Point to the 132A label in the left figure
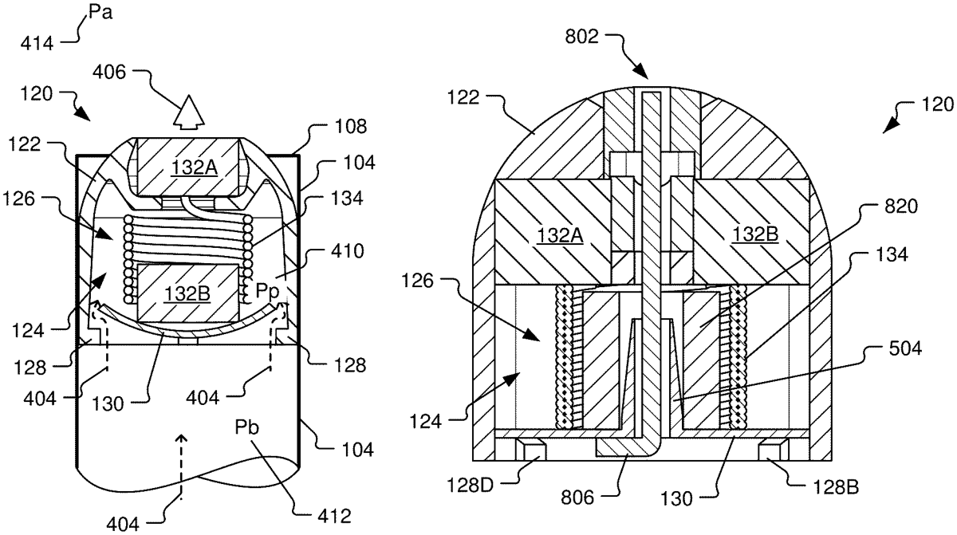point(188,168)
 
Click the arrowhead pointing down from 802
point(643,73)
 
